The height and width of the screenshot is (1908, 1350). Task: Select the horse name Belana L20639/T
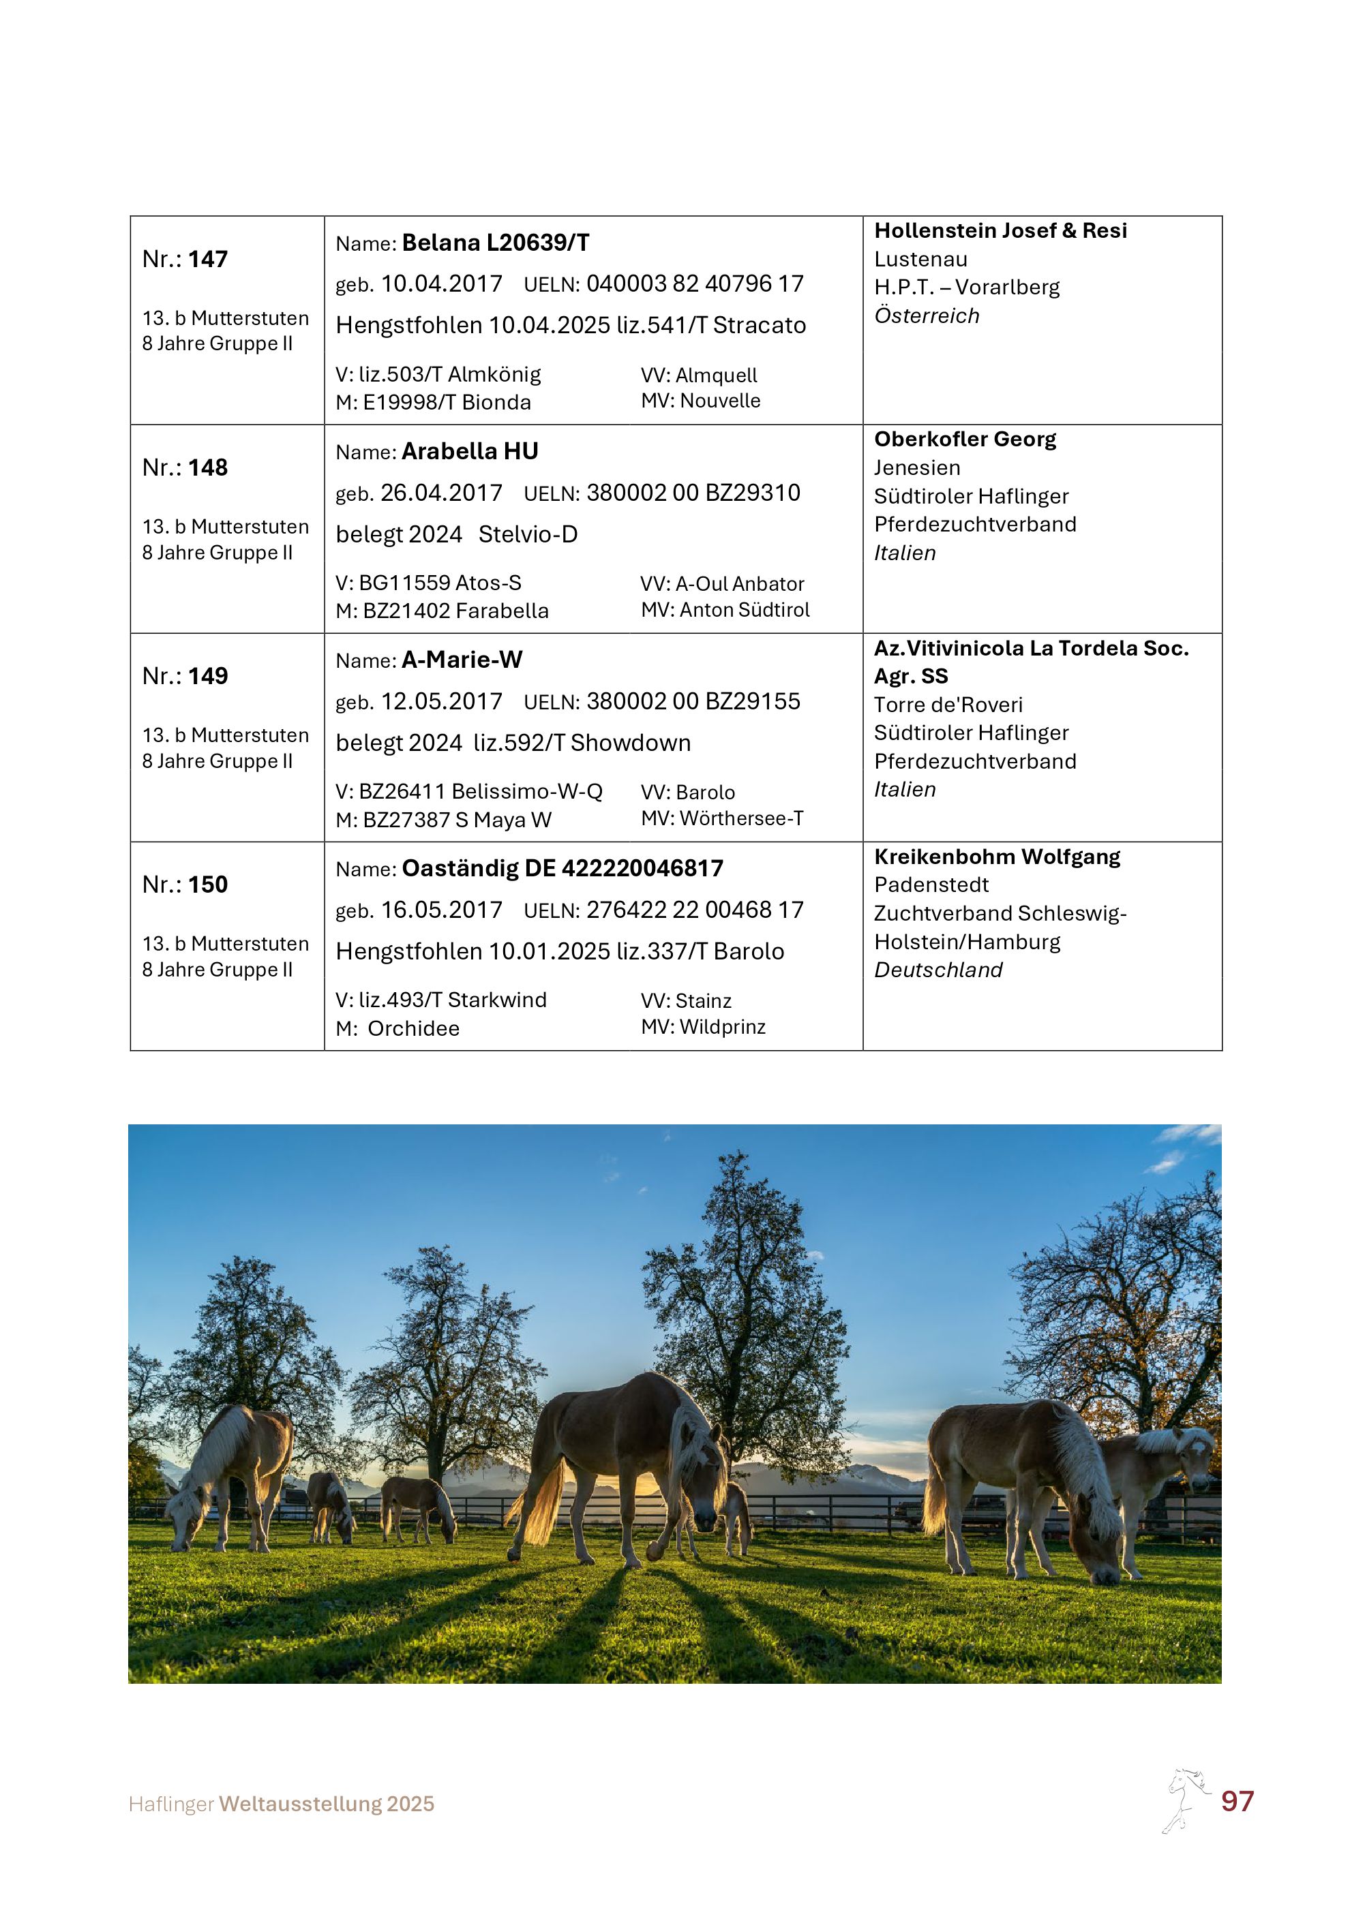(496, 243)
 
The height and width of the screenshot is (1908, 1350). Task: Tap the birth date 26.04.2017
(441, 493)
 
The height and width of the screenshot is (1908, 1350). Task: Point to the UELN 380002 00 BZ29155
(693, 701)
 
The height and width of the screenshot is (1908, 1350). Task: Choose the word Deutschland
(937, 970)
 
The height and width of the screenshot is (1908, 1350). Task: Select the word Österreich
(927, 316)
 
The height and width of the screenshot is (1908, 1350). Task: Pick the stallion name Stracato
(759, 325)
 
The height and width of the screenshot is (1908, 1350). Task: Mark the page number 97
(1237, 1801)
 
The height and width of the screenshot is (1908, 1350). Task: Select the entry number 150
(208, 884)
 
